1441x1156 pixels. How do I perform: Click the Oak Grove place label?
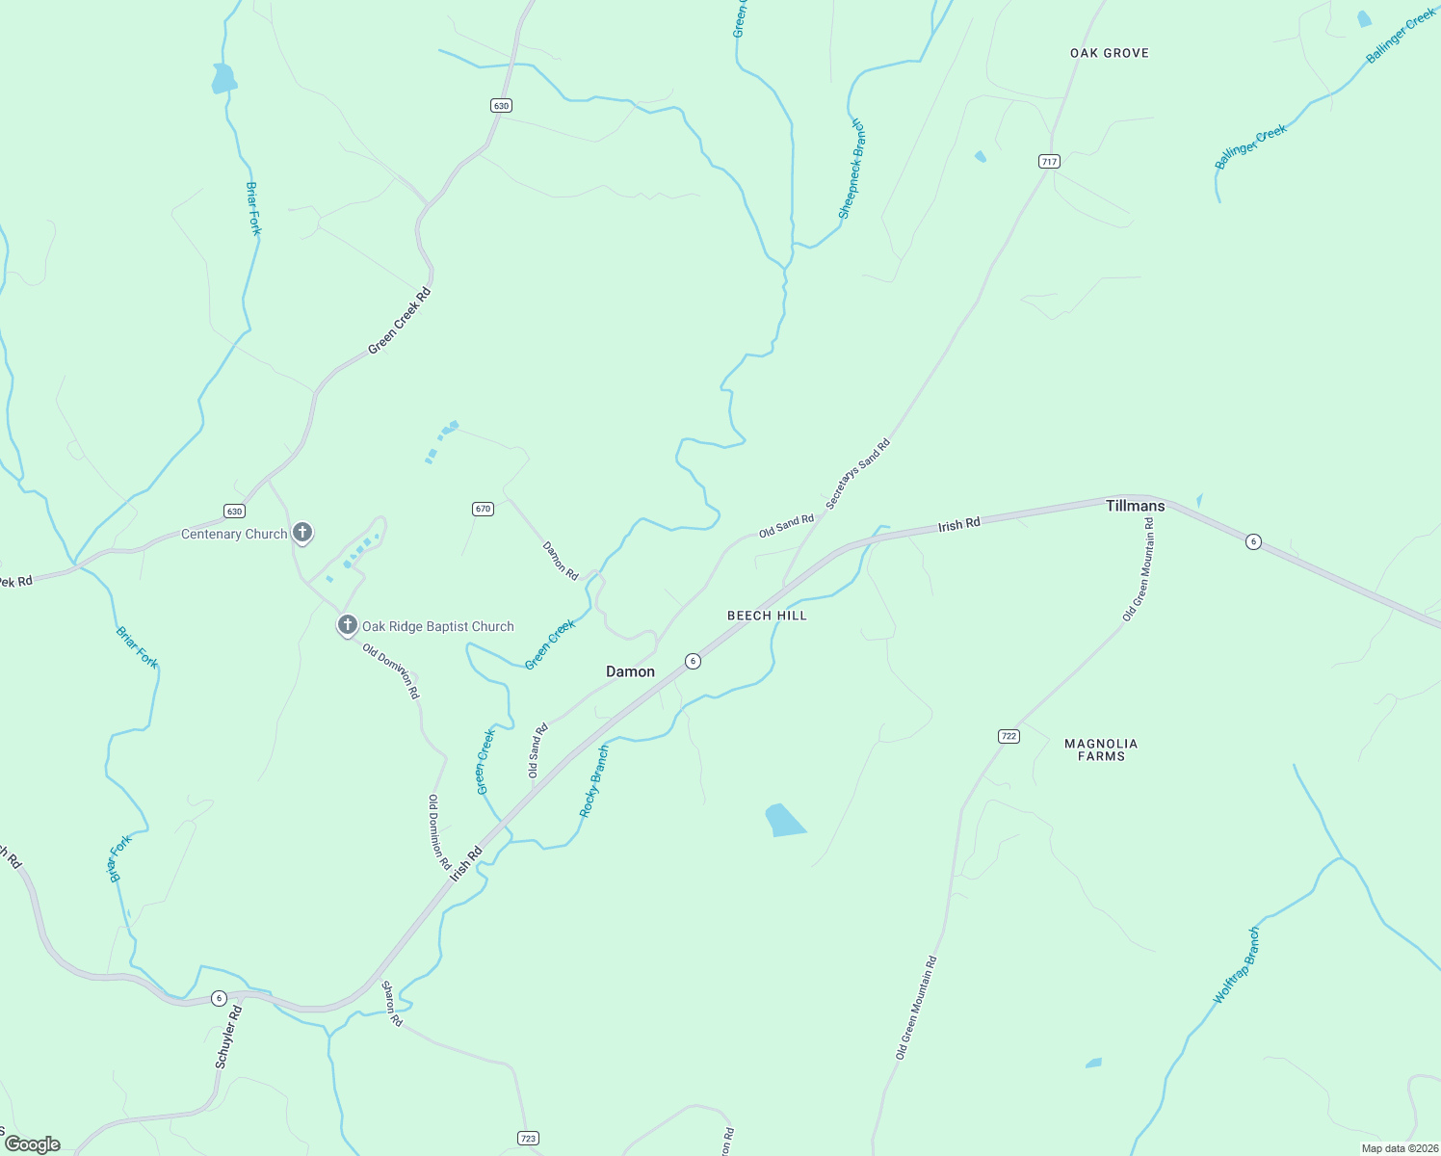pos(1110,53)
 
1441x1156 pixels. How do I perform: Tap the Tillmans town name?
pos(1135,506)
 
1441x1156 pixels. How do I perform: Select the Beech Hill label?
pos(767,616)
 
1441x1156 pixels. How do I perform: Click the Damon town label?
pos(630,671)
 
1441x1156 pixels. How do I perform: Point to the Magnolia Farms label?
pos(1101,749)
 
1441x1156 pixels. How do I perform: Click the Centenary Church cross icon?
pos(302,533)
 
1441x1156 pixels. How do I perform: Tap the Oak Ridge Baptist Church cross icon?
pos(348,625)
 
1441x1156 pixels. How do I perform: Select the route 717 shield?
pos(1050,162)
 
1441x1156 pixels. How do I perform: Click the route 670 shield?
pos(484,509)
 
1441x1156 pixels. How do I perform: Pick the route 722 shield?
pos(1009,736)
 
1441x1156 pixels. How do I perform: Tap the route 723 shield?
pos(528,1138)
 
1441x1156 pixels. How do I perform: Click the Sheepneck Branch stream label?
pos(851,170)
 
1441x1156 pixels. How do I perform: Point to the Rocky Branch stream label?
pos(594,781)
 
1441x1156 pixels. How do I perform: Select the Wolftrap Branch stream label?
pos(1236,965)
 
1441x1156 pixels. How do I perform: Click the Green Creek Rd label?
pos(399,321)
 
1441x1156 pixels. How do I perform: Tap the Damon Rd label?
pos(561,560)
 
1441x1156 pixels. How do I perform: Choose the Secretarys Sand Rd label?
pos(857,474)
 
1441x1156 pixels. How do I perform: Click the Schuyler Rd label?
pos(228,1037)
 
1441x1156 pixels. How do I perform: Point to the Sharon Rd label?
pos(392,1003)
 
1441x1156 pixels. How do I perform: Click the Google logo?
pos(33,1144)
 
